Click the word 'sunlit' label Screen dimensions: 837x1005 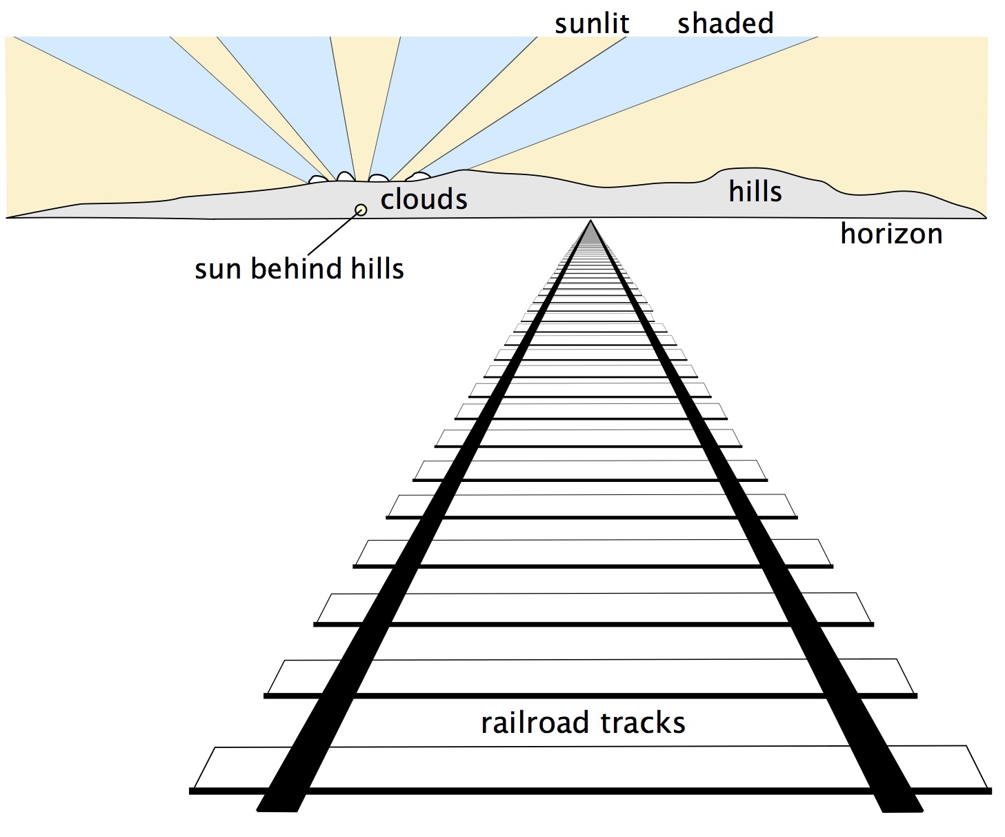(x=591, y=23)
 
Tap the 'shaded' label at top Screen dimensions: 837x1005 (x=725, y=23)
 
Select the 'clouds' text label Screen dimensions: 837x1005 (x=424, y=199)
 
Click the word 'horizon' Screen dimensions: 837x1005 (x=891, y=234)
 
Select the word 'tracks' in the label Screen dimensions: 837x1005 (x=643, y=723)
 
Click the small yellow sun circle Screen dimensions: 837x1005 (x=360, y=210)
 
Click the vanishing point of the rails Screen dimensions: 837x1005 (x=590, y=221)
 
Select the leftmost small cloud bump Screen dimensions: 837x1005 (x=318, y=179)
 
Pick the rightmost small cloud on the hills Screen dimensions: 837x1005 (x=418, y=177)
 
